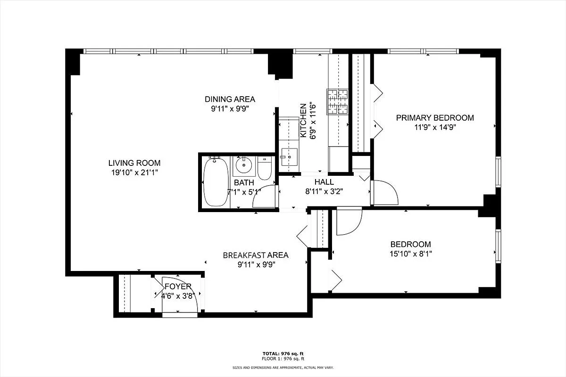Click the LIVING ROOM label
click(x=131, y=163)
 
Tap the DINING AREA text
click(x=230, y=99)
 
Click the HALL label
click(x=324, y=182)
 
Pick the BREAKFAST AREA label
click(x=256, y=255)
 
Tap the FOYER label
click(x=178, y=287)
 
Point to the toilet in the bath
click(x=265, y=169)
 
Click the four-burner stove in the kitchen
click(x=338, y=102)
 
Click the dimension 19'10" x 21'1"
click(x=131, y=172)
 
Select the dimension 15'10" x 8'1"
click(x=410, y=254)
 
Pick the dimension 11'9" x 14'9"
click(x=434, y=127)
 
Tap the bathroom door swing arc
click(x=266, y=197)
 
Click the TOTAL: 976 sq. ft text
click(x=283, y=353)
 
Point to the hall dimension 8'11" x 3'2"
click(x=324, y=191)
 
